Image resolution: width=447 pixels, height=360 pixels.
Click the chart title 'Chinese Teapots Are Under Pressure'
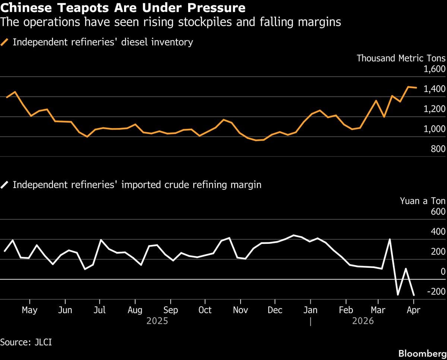[123, 8]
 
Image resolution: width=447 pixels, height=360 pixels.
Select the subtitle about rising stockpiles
[171, 22]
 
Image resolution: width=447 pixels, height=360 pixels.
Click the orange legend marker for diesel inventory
[5, 42]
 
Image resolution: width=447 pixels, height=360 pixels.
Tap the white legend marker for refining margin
[5, 185]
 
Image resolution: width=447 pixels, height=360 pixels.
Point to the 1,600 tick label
[434, 69]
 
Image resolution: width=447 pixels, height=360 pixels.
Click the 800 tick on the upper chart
[438, 149]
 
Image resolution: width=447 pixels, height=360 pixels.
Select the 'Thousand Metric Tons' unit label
[401, 58]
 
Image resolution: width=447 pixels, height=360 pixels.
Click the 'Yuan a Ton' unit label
[422, 201]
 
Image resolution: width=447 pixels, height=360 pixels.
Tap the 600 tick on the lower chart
[438, 211]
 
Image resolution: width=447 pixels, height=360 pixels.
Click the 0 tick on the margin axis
[443, 272]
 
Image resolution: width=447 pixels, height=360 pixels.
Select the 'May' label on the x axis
[29, 310]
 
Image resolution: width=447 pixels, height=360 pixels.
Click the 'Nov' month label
[241, 310]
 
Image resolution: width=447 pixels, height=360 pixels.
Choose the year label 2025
[157, 321]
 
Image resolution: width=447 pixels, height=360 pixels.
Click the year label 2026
[363, 321]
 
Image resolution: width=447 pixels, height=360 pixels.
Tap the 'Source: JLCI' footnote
[26, 342]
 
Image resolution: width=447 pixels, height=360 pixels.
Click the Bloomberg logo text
[422, 353]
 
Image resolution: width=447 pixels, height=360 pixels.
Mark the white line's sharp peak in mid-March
[390, 239]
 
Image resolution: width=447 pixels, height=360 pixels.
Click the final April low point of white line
[414, 295]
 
